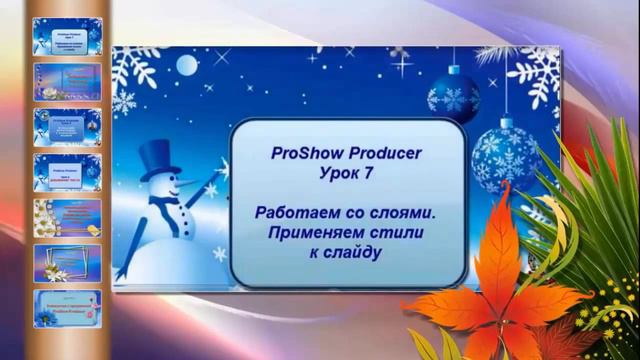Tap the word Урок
point(332,175)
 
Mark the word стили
point(397,233)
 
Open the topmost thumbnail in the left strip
point(67,37)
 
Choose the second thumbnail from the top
point(67,82)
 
